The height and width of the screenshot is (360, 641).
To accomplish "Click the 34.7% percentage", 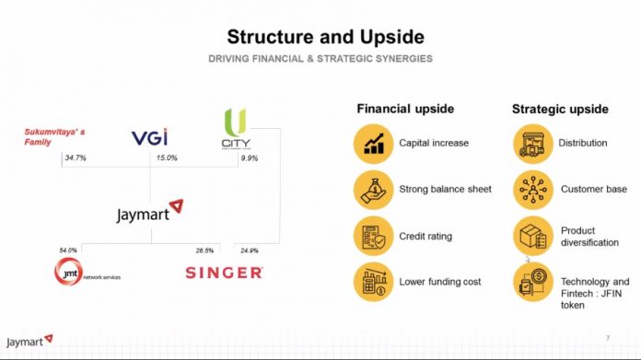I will pos(76,158).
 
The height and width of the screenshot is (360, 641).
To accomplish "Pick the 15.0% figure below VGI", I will pos(166,158).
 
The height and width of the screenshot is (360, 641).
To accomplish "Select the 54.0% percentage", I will pos(68,250).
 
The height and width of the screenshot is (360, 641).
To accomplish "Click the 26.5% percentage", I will pos(204,250).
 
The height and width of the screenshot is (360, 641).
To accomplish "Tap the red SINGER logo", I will pos(224,273).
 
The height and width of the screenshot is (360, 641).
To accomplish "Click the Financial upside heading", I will pos(405,109).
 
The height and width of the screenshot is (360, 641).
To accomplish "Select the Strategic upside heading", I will pos(560,109).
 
